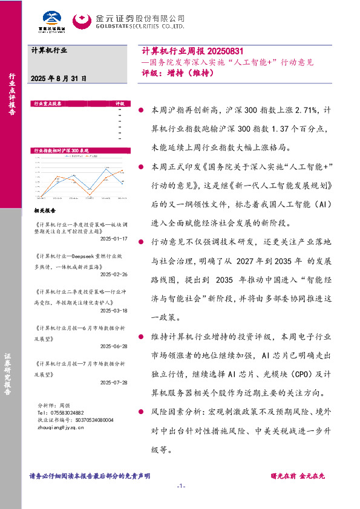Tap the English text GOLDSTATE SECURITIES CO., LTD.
139,27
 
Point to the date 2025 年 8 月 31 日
58,79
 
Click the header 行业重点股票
48,104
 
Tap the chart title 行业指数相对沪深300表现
62,150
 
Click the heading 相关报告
45,212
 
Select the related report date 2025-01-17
112,238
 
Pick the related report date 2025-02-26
112,274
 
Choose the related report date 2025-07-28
112,382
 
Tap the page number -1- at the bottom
180,487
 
